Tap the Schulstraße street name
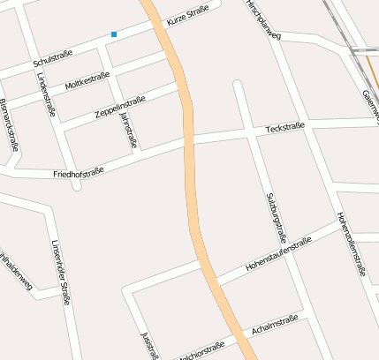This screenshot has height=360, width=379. pyautogui.click(x=52, y=58)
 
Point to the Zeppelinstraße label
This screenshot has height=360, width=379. pyautogui.click(x=118, y=109)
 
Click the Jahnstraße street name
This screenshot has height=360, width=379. pyautogui.click(x=128, y=129)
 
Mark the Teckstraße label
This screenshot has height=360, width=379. pyautogui.click(x=284, y=129)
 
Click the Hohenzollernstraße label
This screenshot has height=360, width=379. pyautogui.click(x=351, y=244)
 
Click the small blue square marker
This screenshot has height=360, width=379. pyautogui.click(x=114, y=34)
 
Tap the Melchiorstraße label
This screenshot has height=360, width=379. pyautogui.click(x=201, y=352)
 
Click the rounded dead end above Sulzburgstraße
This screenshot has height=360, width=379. pyautogui.click(x=237, y=85)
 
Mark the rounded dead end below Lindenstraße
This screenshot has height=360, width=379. pyautogui.click(x=76, y=186)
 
